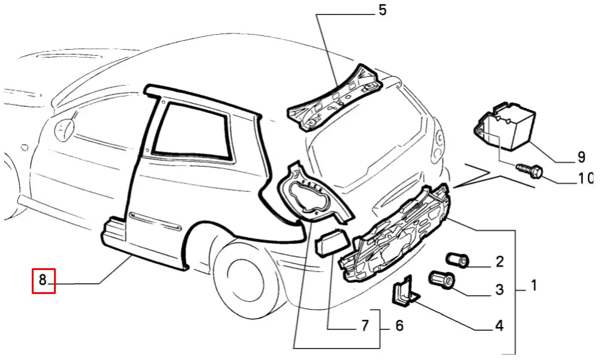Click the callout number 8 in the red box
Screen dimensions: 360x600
[43, 280]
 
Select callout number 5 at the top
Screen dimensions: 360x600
[383, 10]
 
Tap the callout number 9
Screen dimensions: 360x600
[581, 157]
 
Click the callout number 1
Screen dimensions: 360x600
[533, 286]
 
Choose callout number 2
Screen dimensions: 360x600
[499, 262]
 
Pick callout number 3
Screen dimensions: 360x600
[499, 290]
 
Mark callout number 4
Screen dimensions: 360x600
[499, 326]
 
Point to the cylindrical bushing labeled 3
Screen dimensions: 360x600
[442, 280]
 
